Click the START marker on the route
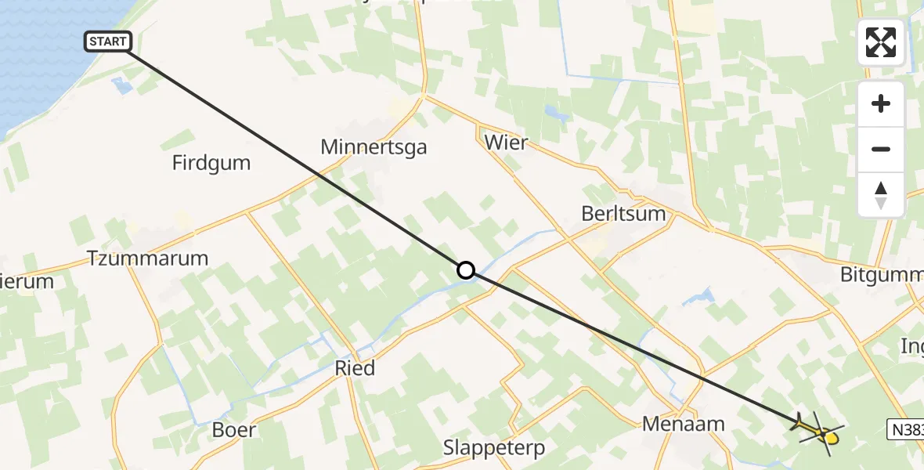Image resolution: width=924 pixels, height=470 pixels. pos(108,42)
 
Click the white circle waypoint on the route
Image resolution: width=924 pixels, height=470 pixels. pos(466,270)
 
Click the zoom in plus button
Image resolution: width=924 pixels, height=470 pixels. pos(881,103)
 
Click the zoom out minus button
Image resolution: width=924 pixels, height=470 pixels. pos(881,149)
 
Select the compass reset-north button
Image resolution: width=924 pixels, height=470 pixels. pos(881,194)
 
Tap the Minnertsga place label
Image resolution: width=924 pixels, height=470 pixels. pos(374,146)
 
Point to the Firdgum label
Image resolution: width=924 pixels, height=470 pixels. pos(211,163)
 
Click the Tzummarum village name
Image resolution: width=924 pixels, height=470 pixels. pos(148,258)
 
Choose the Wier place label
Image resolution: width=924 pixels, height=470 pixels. pos(506,143)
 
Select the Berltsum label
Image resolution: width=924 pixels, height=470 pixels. pos(623,213)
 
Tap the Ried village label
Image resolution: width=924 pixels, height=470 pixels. pos(355,367)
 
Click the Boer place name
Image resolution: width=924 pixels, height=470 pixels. pos(233,429)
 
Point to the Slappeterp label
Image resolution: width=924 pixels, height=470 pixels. pos(494,448)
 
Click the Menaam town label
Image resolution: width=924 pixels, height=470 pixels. pos(683,424)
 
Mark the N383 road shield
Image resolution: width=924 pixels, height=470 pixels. pos(907,428)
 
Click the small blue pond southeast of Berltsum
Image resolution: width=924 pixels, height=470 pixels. pos(700,297)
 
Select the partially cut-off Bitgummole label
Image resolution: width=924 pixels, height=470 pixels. pos(881,275)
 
